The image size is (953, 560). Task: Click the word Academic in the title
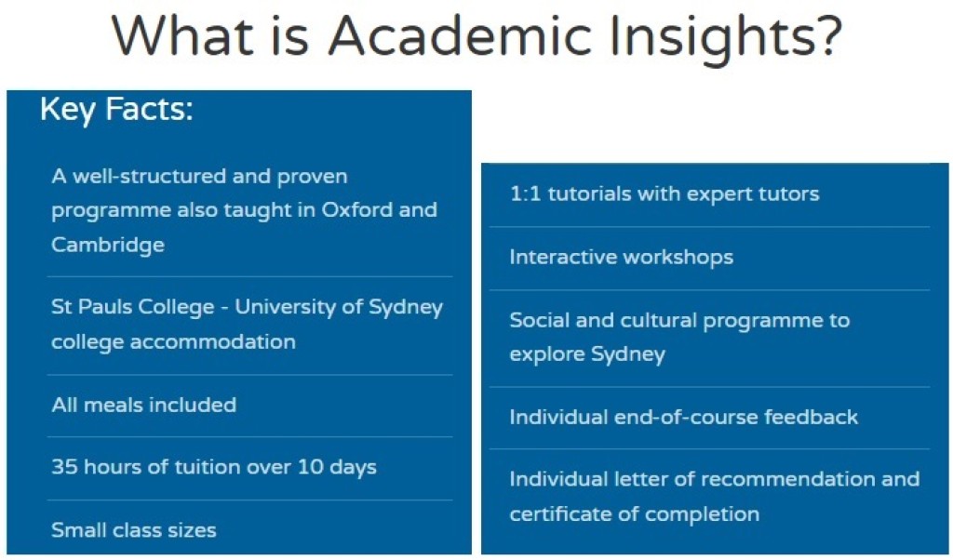click(x=460, y=35)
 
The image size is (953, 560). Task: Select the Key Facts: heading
click(x=116, y=110)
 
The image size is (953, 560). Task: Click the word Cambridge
click(x=108, y=245)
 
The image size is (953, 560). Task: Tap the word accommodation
click(x=213, y=341)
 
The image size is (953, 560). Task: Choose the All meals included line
click(x=144, y=405)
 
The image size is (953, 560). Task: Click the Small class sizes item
click(x=134, y=530)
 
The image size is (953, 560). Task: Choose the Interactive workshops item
click(x=621, y=257)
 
